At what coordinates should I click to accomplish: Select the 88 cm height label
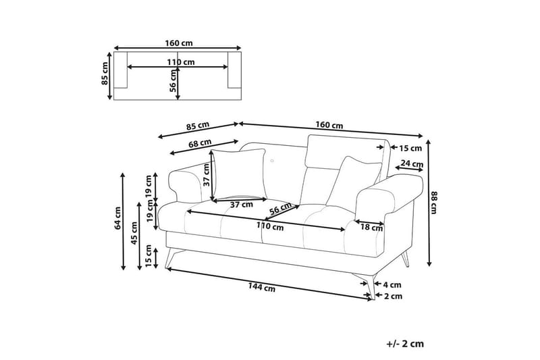coord(435,201)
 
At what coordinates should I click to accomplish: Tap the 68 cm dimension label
coord(200,143)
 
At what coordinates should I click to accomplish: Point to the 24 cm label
coord(411,163)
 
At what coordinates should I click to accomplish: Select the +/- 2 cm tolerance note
coord(405,344)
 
